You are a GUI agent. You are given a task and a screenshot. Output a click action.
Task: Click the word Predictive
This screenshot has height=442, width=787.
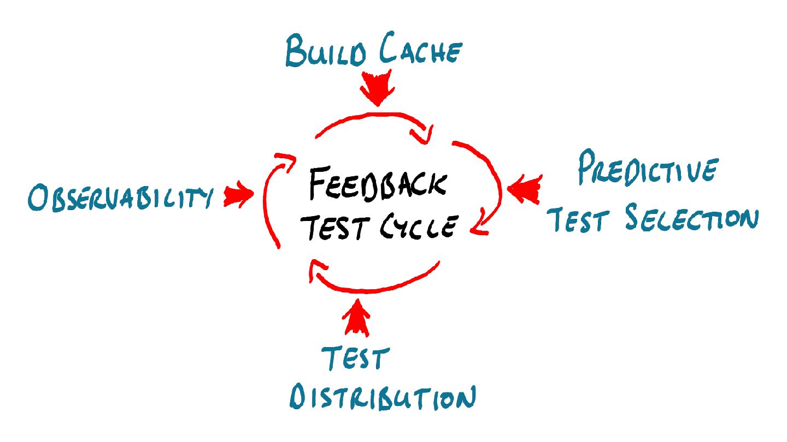point(647,170)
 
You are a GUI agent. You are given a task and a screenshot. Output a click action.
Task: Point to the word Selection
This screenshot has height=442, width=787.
point(692,219)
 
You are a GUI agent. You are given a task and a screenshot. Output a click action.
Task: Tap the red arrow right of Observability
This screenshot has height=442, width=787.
point(238,196)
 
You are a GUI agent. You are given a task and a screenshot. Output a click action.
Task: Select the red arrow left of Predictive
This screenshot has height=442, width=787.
point(525,189)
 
